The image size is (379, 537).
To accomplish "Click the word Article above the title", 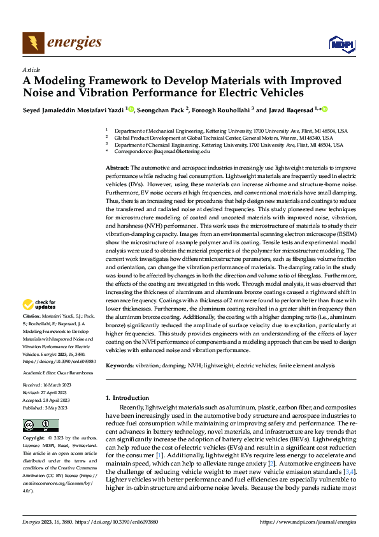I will tap(31, 70).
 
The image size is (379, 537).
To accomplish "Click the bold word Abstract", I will tap(117, 166).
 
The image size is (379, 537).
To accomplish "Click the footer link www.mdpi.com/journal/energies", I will tap(307, 523).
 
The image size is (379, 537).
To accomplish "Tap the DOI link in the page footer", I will tap(124, 523).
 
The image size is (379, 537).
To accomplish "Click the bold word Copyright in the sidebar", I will tap(34, 438).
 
